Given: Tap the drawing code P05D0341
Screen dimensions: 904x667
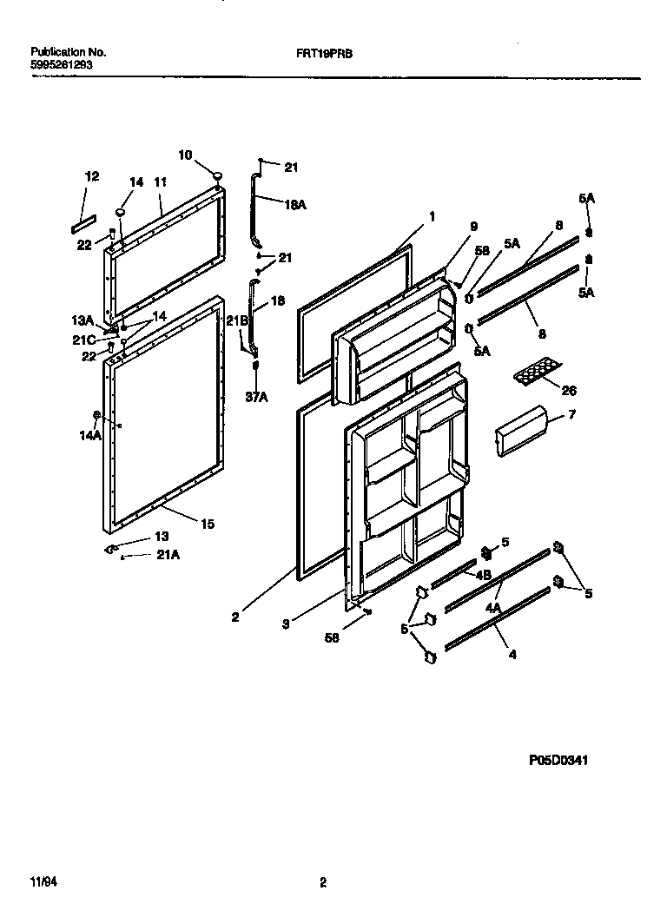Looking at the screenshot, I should [x=558, y=760].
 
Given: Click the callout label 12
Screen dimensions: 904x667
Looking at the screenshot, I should [x=92, y=176].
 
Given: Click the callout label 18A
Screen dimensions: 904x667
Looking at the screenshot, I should [x=296, y=204].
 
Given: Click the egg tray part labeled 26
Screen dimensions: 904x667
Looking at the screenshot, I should [x=534, y=373].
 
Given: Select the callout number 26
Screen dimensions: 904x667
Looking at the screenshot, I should [x=569, y=391].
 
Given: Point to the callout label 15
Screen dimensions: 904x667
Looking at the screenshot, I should [x=208, y=524].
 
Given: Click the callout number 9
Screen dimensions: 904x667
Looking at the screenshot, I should [x=472, y=227].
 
